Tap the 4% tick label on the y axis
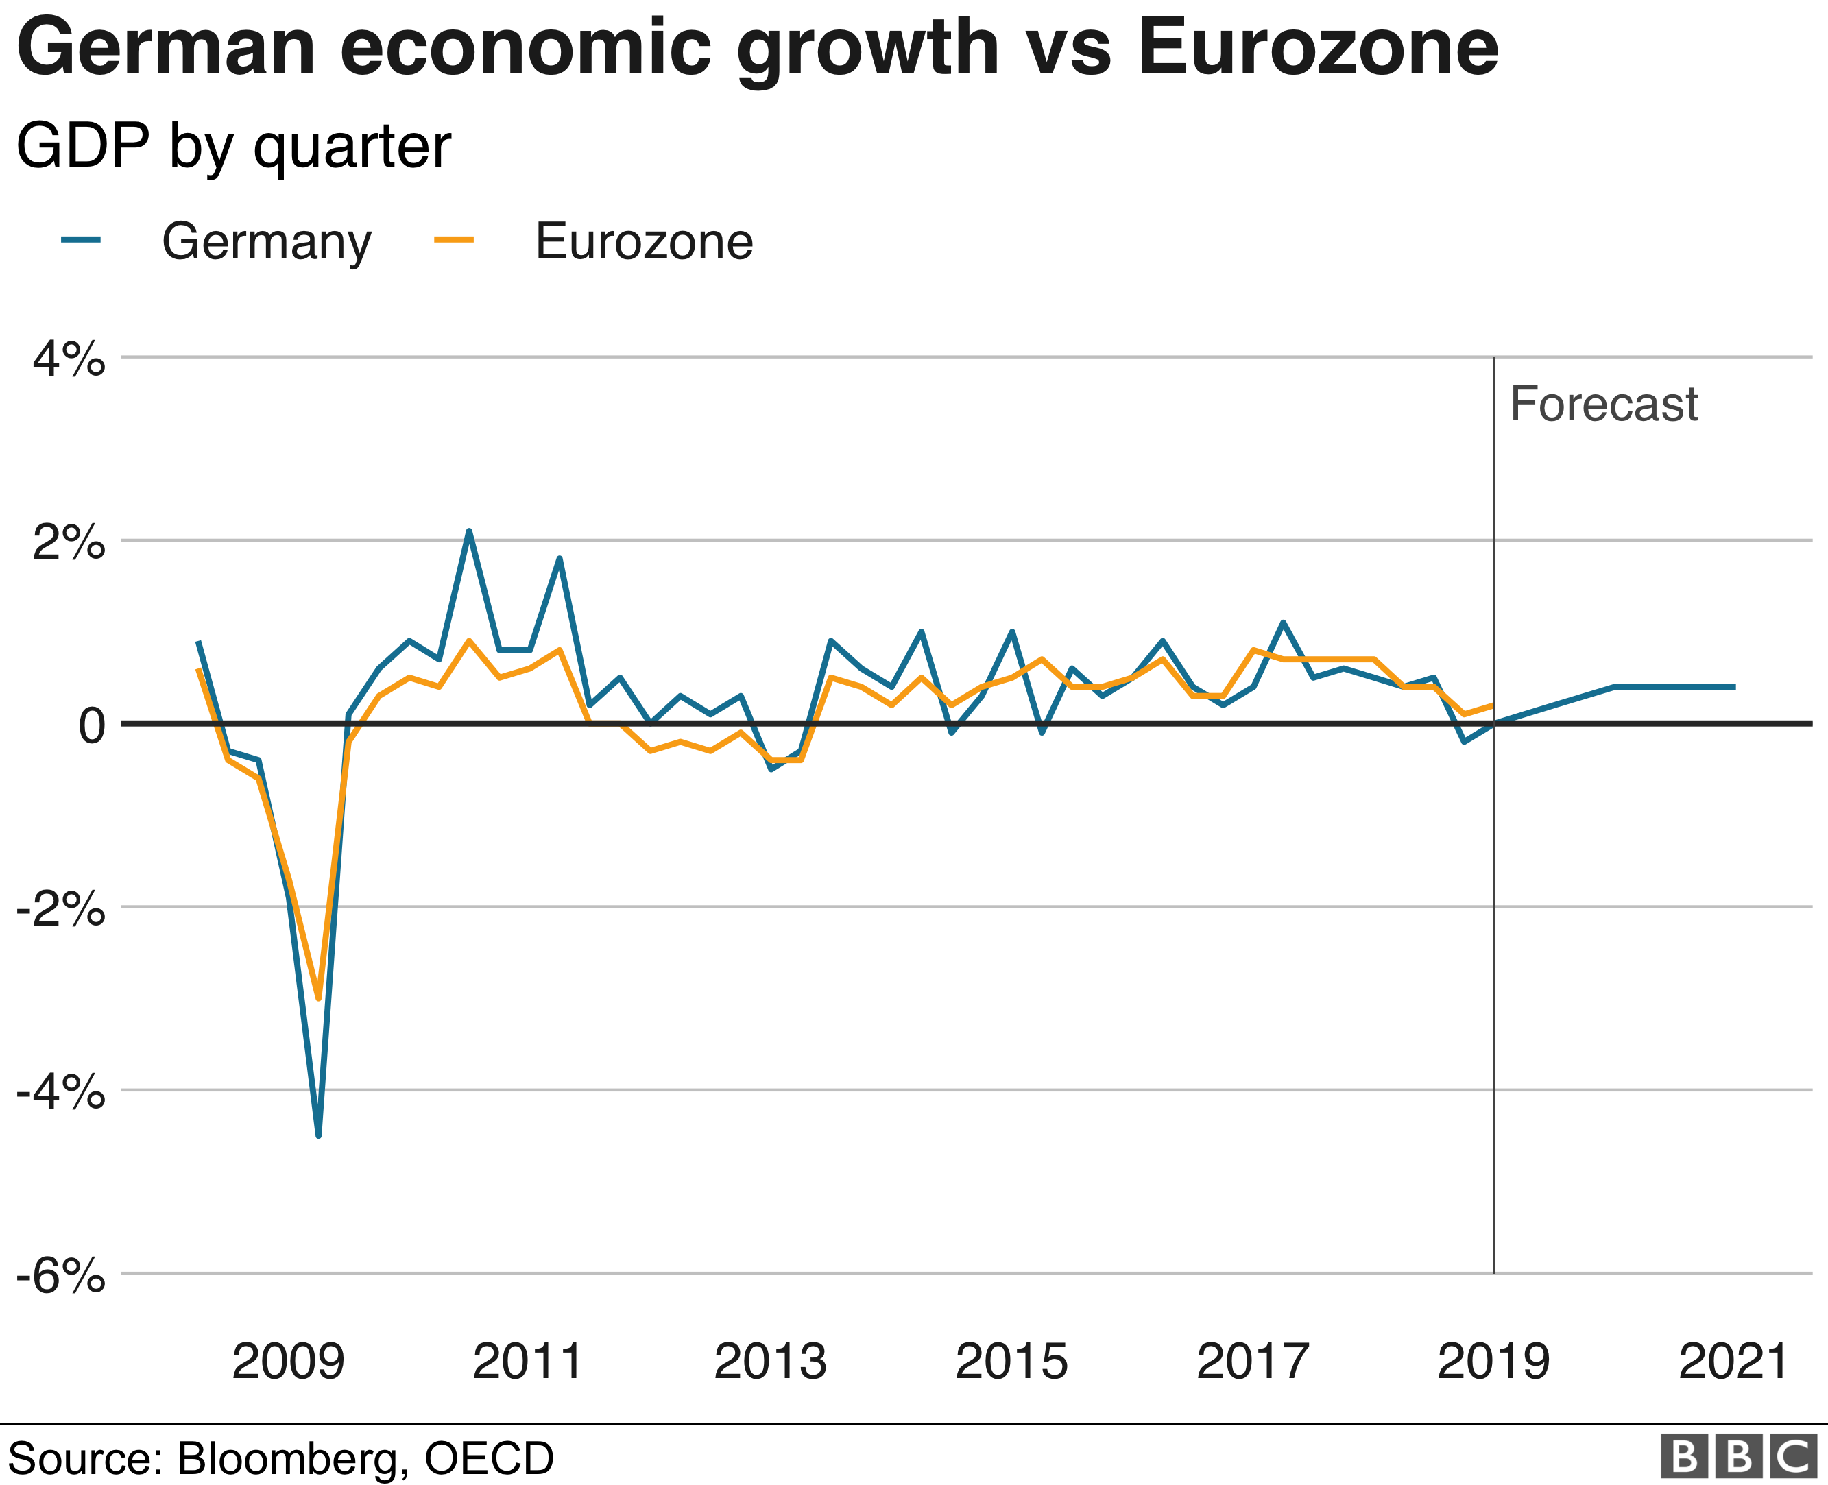[69, 359]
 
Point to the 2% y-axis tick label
[69, 542]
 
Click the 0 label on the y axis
[91, 726]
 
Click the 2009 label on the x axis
[288, 1361]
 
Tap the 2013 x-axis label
[770, 1361]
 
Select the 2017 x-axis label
[1252, 1361]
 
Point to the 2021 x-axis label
[1734, 1361]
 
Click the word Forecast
[1603, 404]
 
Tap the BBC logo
[1737, 1456]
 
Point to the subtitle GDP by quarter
[232, 146]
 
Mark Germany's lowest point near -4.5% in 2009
[318, 1135]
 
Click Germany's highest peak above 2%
[469, 531]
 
